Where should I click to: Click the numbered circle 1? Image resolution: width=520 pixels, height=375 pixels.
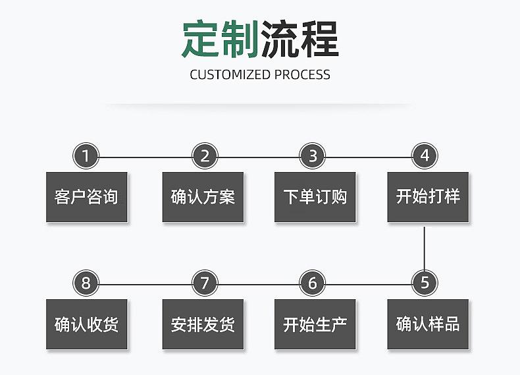(x=86, y=156)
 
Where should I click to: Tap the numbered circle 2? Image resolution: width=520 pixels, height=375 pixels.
(x=205, y=156)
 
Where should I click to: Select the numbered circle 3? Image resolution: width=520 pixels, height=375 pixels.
(x=313, y=156)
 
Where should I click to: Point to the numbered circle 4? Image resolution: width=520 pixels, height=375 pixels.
(x=425, y=156)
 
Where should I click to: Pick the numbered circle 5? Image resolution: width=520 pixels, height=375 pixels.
(x=425, y=283)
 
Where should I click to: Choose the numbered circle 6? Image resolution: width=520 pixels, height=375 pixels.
(x=313, y=283)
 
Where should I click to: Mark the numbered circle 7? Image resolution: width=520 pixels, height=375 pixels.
(x=205, y=283)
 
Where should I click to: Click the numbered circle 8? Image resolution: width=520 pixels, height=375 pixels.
(x=86, y=283)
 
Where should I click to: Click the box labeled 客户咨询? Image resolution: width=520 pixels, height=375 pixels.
(x=86, y=197)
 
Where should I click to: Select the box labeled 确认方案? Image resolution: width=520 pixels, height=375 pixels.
(x=203, y=197)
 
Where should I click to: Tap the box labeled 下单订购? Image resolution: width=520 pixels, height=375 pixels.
(x=315, y=197)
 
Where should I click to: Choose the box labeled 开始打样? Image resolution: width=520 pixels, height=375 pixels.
(x=428, y=197)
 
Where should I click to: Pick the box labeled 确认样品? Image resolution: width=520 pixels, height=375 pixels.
(x=428, y=324)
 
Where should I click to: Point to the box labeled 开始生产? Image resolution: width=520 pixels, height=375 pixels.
(x=315, y=324)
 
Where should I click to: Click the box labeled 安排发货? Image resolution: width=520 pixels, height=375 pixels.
(x=203, y=324)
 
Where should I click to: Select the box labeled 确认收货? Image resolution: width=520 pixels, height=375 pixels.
(x=86, y=324)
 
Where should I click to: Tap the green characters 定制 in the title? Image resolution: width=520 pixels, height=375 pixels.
(x=220, y=39)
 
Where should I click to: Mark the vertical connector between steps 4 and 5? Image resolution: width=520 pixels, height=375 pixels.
(x=425, y=247)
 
